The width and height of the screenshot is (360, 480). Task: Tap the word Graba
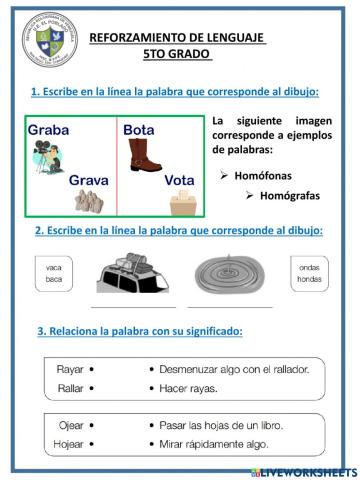tap(49, 130)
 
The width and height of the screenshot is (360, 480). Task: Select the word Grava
tap(88, 180)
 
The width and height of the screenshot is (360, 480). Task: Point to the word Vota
tap(180, 180)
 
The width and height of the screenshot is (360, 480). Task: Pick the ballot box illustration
tap(182, 203)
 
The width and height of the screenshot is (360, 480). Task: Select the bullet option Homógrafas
tap(290, 195)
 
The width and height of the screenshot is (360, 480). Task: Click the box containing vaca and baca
tap(54, 273)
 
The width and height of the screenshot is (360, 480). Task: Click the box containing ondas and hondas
tap(310, 273)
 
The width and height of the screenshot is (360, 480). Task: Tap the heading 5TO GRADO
tap(177, 54)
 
